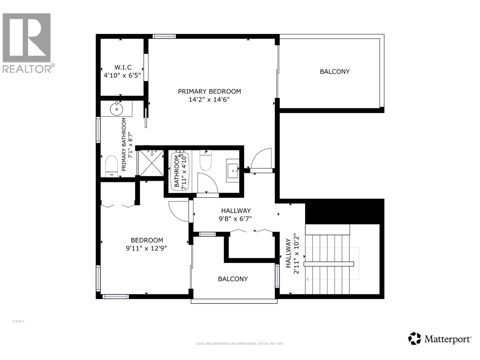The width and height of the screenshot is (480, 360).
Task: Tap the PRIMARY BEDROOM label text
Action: [x=209, y=91]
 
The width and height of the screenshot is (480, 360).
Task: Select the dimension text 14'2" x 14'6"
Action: [x=209, y=100]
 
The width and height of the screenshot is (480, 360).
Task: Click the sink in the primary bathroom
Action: [x=116, y=109]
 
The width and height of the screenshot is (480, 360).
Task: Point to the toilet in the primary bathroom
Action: [x=112, y=166]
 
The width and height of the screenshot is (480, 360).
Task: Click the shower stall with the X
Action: [x=152, y=163]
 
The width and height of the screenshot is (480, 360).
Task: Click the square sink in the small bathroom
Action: [x=232, y=171]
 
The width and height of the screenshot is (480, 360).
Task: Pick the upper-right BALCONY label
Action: [x=334, y=72]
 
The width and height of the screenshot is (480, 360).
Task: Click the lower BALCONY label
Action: [x=233, y=279]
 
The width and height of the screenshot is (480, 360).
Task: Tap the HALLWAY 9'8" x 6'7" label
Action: [x=236, y=215]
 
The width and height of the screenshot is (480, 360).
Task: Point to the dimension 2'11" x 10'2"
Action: [x=296, y=254]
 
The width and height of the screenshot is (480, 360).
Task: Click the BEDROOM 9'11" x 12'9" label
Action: [x=147, y=244]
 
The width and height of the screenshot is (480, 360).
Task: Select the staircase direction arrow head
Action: [x=307, y=279]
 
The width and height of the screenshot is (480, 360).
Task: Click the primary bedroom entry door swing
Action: [x=262, y=159]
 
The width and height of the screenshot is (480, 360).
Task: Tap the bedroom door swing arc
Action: [x=178, y=211]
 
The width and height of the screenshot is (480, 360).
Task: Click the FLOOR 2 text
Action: [x=18, y=321]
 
